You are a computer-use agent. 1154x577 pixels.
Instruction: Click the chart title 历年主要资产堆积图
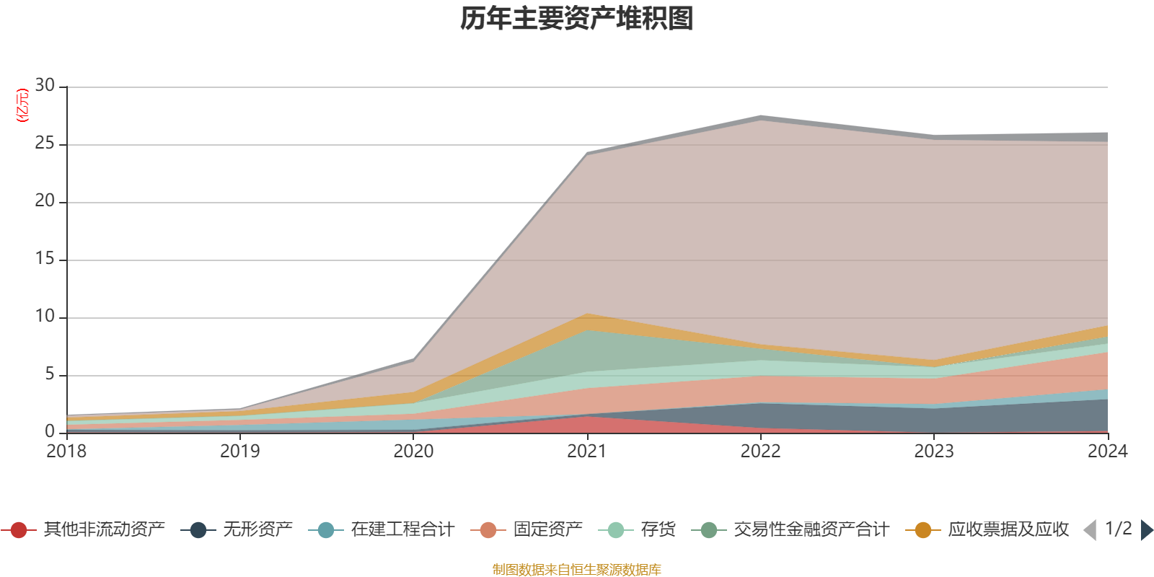tap(577, 19)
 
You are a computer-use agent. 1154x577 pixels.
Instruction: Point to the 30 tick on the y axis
tap(45, 86)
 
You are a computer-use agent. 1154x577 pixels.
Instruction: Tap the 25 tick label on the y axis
tap(45, 144)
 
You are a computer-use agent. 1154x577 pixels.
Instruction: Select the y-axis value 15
tap(45, 259)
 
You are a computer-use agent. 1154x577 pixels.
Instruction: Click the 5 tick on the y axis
tap(49, 374)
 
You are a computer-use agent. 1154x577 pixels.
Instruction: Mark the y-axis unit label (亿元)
tap(22, 105)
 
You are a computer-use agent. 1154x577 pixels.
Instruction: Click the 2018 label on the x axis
tap(66, 452)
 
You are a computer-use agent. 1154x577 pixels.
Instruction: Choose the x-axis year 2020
tap(413, 452)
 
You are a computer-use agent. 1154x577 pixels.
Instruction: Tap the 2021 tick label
tap(587, 452)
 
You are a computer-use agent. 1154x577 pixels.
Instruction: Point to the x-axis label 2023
tap(934, 452)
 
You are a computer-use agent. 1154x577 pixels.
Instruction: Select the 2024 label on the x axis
tap(1107, 452)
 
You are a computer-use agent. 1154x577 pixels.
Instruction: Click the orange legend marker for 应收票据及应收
tap(922, 530)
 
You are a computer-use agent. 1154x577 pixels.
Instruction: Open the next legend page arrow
tap(1146, 530)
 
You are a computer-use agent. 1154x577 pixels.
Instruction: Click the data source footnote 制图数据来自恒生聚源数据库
tap(577, 570)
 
